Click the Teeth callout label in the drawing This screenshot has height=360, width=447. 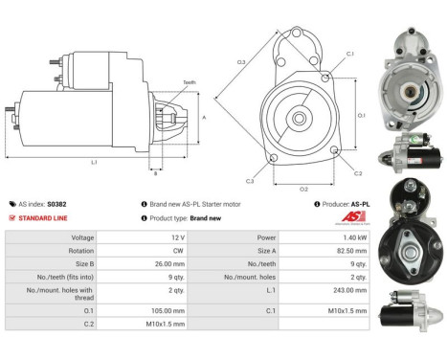tap(190, 83)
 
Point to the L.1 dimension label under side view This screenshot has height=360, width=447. tap(94, 162)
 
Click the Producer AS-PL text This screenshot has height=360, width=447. tap(346, 204)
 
